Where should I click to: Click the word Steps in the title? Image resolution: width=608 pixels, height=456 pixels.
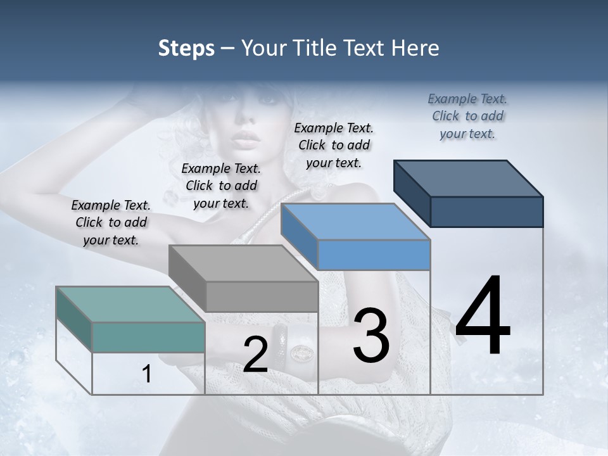(x=186, y=48)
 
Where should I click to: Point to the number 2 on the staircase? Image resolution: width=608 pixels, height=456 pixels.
(x=255, y=355)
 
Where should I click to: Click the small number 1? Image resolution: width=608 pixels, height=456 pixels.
(x=147, y=374)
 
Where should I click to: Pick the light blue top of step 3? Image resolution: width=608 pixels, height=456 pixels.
(x=355, y=222)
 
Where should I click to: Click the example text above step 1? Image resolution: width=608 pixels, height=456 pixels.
(x=111, y=222)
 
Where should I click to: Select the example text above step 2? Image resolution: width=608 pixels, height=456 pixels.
(x=221, y=186)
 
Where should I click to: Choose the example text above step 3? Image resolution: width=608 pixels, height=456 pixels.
(x=334, y=145)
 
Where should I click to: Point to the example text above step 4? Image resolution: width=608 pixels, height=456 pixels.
(x=467, y=116)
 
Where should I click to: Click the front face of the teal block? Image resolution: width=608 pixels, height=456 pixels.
(x=148, y=337)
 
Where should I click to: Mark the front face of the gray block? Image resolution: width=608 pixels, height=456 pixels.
(x=262, y=296)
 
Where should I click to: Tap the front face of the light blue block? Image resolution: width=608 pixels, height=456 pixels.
(x=374, y=255)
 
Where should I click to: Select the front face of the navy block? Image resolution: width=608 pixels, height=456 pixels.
(x=486, y=212)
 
